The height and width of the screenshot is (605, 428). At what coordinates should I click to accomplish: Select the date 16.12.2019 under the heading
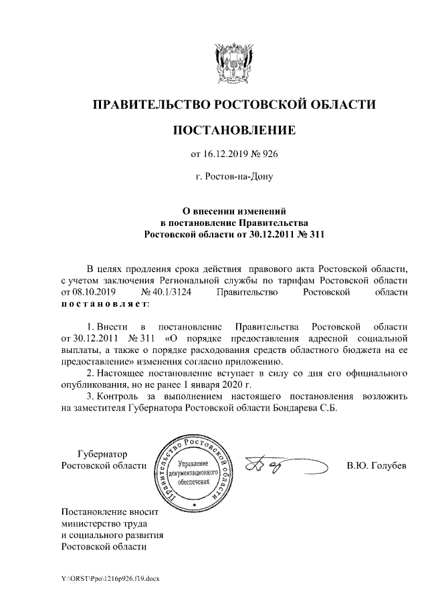pos(229,155)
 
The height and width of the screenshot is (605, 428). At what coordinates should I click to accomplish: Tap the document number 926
pos(268,155)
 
